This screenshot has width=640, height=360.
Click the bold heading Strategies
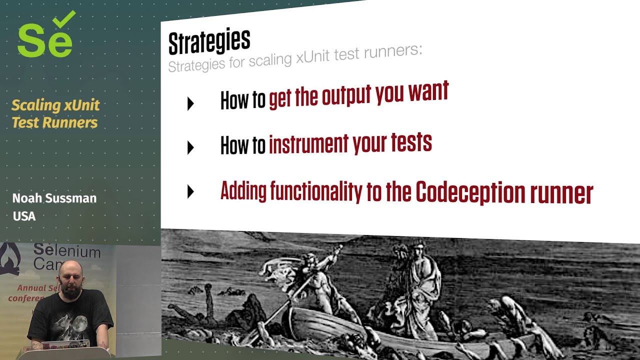209,42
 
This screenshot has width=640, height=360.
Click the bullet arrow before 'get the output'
190,103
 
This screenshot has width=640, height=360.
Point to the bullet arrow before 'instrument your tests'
190,147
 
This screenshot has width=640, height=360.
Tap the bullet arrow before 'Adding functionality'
190,191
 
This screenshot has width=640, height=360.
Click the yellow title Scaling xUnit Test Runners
55,114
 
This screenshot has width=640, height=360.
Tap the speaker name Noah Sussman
54,198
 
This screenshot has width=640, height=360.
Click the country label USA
24,216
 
